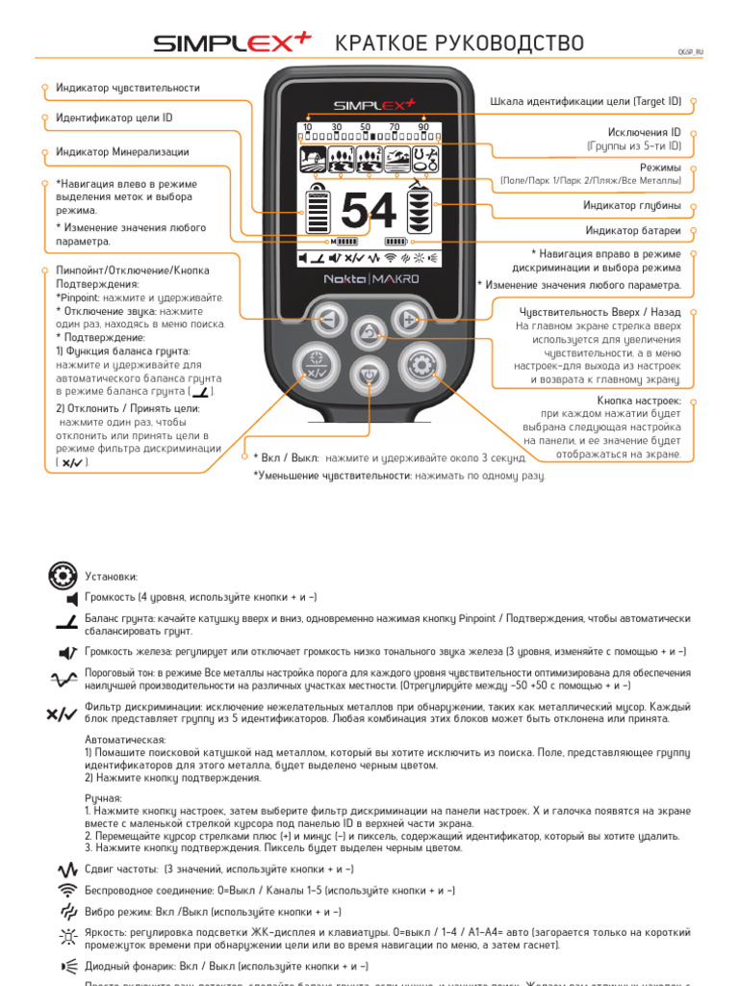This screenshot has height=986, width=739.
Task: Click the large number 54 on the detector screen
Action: (369, 211)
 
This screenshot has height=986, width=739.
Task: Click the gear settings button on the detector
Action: (420, 364)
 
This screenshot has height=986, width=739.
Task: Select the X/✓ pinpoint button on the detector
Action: (315, 366)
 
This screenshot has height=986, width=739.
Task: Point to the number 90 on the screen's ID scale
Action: (423, 127)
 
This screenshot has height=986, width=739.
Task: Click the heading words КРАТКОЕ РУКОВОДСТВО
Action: (459, 43)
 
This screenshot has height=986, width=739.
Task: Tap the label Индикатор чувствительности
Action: (128, 88)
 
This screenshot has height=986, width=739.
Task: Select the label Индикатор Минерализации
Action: (122, 152)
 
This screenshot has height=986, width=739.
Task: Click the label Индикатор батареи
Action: (633, 230)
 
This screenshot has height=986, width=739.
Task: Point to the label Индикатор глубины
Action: (632, 205)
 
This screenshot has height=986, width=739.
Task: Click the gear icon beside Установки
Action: (62, 576)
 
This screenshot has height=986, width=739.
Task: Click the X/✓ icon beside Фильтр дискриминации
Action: (61, 714)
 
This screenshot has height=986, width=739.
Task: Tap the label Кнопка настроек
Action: (639, 400)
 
